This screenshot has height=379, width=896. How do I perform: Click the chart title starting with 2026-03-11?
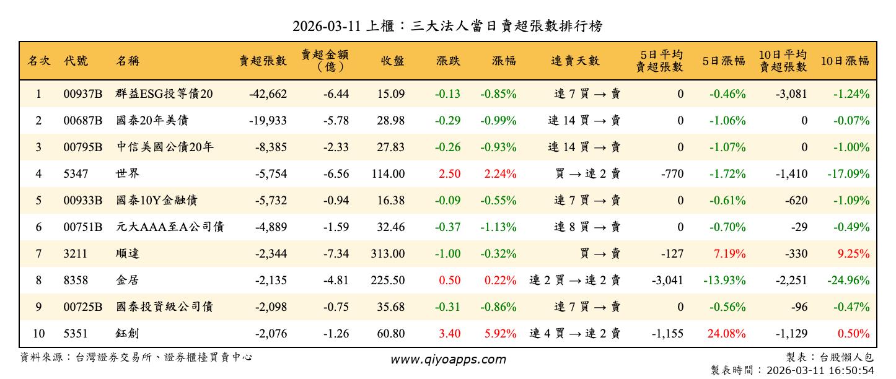click(447, 26)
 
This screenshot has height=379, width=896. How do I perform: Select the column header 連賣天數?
click(575, 61)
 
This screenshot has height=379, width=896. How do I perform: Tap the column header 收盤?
click(392, 61)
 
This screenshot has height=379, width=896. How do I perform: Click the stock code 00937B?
click(82, 94)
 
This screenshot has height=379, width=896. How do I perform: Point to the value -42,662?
click(268, 94)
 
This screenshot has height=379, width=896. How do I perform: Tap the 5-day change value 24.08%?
click(726, 334)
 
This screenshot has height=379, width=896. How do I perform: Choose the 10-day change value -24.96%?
click(848, 281)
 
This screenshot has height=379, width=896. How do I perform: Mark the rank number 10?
click(38, 334)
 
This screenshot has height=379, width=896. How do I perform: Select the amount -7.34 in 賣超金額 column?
click(336, 254)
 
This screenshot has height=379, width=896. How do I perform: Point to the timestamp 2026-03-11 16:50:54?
click(820, 370)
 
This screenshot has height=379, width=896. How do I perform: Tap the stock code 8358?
click(76, 281)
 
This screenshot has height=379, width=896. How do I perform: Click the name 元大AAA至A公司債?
click(169, 227)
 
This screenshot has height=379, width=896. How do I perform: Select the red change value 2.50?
click(449, 174)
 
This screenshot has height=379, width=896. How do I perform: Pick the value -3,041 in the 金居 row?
click(667, 281)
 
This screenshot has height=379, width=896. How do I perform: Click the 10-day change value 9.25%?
click(853, 254)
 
